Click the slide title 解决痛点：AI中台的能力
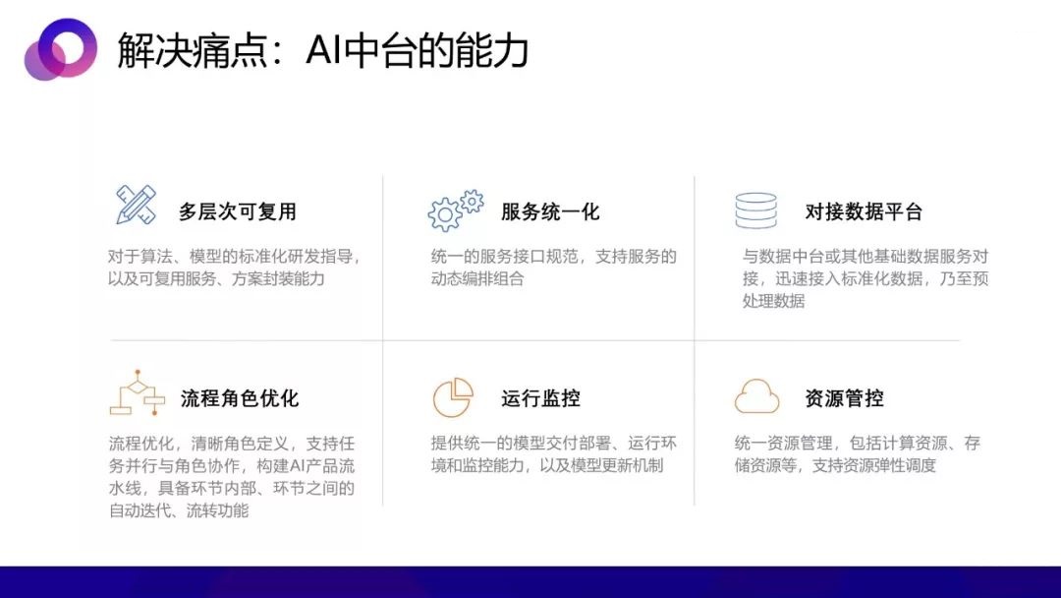click(x=322, y=49)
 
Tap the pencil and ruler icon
click(x=136, y=205)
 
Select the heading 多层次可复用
click(x=238, y=211)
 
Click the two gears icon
click(x=456, y=209)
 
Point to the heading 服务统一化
click(x=550, y=211)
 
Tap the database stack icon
click(x=755, y=210)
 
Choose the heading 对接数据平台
click(x=864, y=211)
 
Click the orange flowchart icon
click(x=138, y=392)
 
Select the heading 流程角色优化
click(x=240, y=398)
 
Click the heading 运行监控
click(x=540, y=398)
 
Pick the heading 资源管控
click(x=844, y=398)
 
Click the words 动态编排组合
click(x=477, y=278)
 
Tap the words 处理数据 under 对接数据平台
click(x=773, y=301)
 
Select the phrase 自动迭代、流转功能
click(x=179, y=510)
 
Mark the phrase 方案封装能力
click(x=278, y=278)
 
